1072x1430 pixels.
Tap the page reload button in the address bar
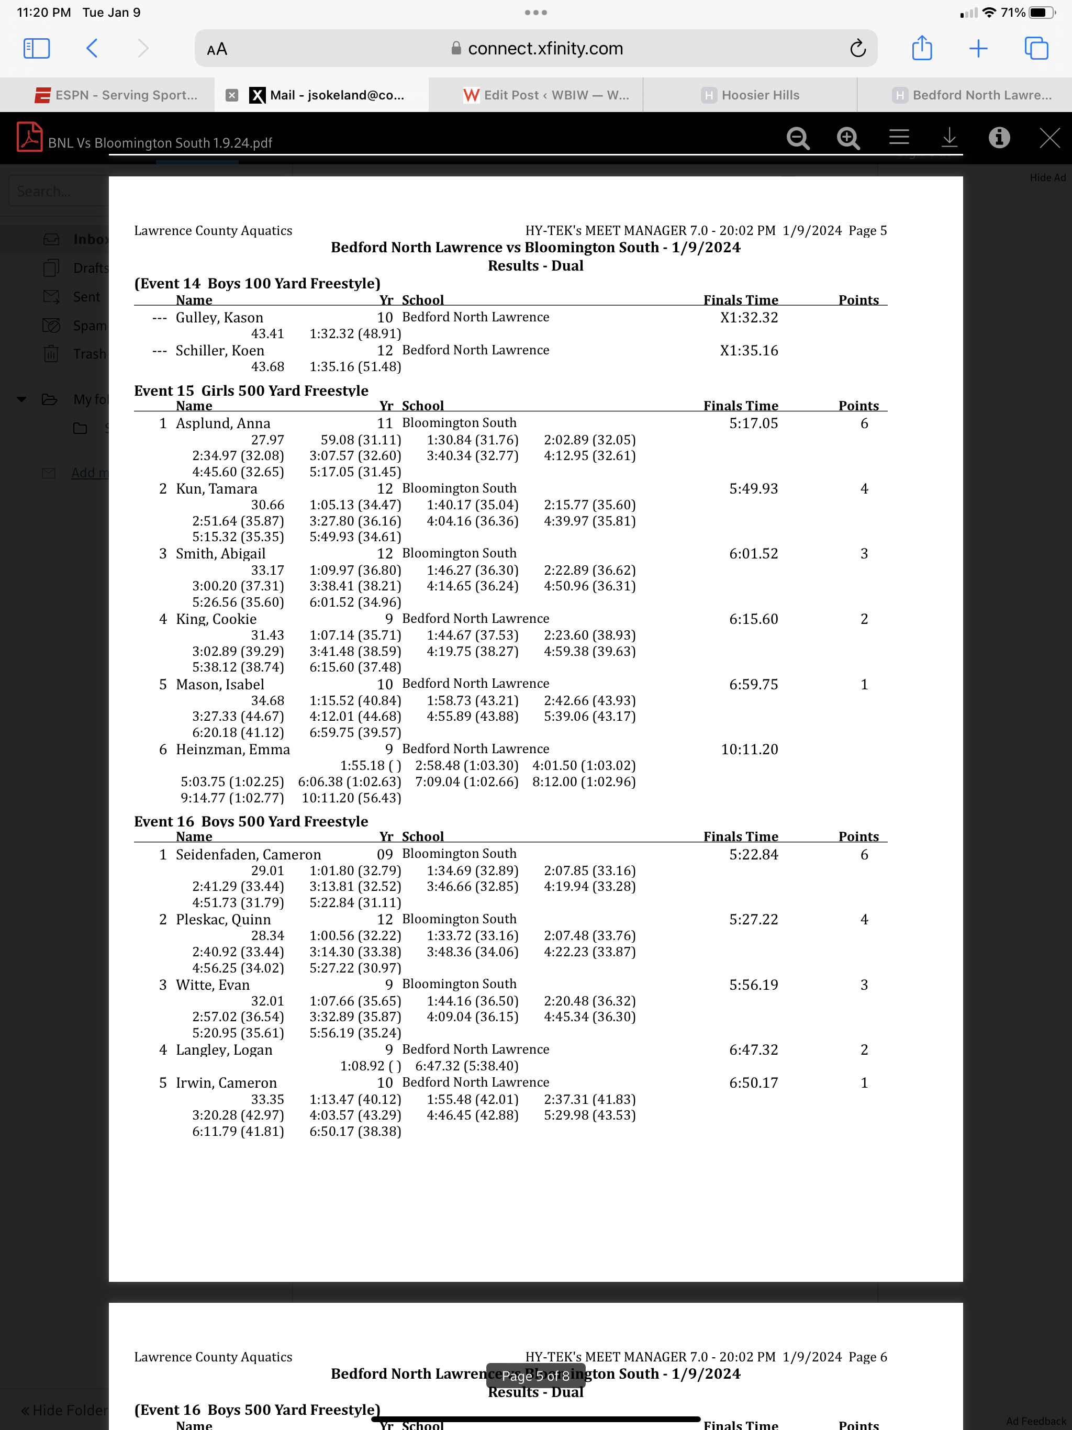tap(857, 49)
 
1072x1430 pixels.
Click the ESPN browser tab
tap(116, 95)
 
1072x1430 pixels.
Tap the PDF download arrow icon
tap(949, 137)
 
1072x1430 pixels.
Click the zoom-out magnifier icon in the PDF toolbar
tap(798, 138)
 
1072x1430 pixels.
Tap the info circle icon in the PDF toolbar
tap(999, 137)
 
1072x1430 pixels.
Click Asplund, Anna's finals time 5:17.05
tap(753, 423)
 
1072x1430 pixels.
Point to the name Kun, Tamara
tap(216, 489)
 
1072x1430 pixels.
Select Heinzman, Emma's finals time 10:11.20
tap(750, 749)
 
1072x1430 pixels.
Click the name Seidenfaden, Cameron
tap(248, 854)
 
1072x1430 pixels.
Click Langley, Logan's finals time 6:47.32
tap(753, 1049)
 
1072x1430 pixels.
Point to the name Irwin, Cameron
tap(226, 1082)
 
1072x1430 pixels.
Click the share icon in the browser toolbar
tap(921, 49)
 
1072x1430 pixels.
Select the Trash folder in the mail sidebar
tap(89, 354)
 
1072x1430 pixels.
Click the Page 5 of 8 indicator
tap(535, 1376)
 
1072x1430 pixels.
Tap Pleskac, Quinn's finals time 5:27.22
tap(753, 919)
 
